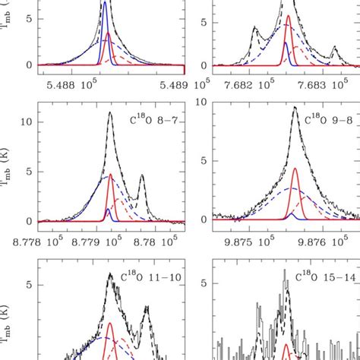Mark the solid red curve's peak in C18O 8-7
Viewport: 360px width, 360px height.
click(111, 174)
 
